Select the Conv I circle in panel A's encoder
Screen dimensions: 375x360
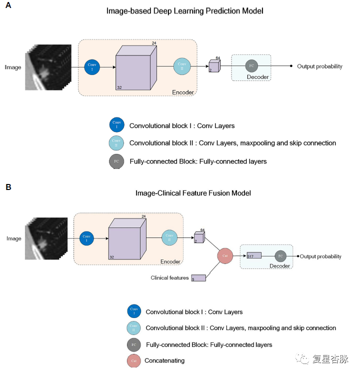pos(91,66)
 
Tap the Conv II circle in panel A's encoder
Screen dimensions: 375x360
pos(182,66)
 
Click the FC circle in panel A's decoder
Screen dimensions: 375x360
pos(251,66)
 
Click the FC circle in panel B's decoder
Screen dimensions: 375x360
pos(280,256)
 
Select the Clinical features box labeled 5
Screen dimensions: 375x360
pos(198,278)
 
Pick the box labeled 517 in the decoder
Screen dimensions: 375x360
pos(254,256)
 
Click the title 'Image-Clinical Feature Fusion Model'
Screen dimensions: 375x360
pos(193,193)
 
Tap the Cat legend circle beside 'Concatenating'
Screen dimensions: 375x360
pos(133,360)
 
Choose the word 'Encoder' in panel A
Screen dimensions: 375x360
pos(182,92)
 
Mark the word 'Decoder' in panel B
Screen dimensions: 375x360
pos(279,266)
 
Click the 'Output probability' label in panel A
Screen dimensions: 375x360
pos(319,66)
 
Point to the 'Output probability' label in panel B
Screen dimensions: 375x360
pos(320,256)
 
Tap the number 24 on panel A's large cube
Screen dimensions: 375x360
pos(154,43)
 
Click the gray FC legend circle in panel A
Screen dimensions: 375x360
pos(116,161)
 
